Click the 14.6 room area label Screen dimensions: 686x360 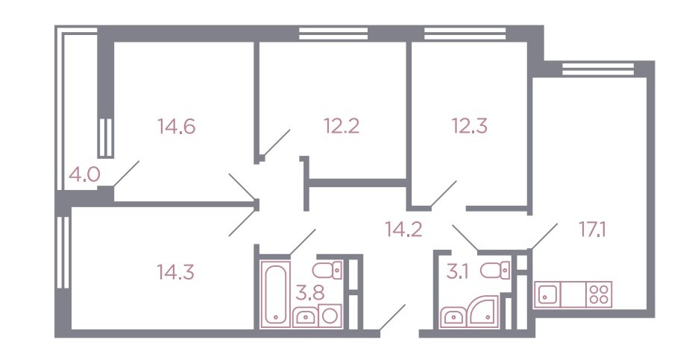click(x=176, y=127)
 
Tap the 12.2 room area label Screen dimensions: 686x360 click(x=342, y=127)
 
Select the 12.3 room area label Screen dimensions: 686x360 click(x=470, y=126)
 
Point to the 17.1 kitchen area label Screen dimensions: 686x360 click(x=592, y=230)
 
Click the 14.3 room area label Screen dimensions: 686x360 click(x=175, y=273)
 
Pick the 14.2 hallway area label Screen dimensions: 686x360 click(x=403, y=229)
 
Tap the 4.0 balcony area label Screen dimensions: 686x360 click(x=84, y=175)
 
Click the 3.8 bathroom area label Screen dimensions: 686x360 click(x=310, y=293)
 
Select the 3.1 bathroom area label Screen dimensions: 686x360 click(x=457, y=273)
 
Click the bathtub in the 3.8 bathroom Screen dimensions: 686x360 click(x=276, y=294)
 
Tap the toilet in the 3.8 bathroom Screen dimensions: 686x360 click(x=327, y=270)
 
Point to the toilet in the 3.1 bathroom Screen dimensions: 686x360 click(x=495, y=270)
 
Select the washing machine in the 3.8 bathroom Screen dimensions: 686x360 click(x=331, y=316)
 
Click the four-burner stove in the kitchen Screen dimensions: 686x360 click(x=599, y=294)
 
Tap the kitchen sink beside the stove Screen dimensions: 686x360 click(x=547, y=294)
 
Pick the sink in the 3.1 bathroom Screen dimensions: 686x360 click(x=454, y=317)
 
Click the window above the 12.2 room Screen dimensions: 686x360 click(x=333, y=34)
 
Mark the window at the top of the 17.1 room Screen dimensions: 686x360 click(x=598, y=69)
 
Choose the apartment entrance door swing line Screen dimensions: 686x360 click(x=392, y=318)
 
